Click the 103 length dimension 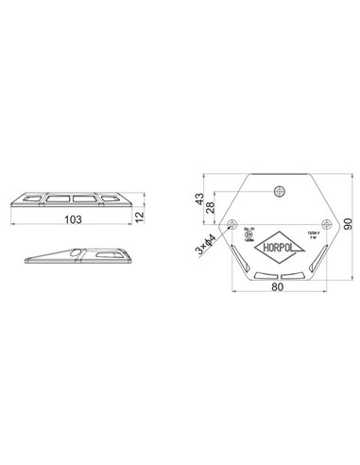[x=72, y=219]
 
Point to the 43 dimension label [x=197, y=200]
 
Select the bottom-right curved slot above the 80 [x=295, y=276]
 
